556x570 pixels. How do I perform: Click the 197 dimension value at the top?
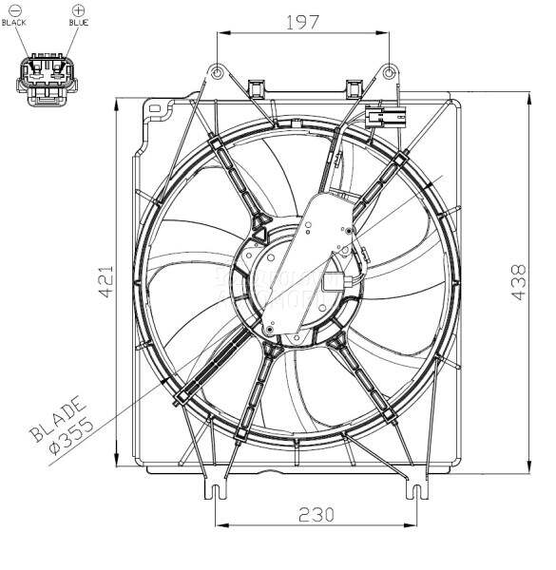point(302,22)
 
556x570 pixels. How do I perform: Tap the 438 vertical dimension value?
point(519,282)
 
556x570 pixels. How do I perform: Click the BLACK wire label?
point(15,23)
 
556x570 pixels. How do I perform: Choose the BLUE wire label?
point(78,23)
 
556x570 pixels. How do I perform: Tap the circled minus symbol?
point(15,10)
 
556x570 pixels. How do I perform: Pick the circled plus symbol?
point(78,10)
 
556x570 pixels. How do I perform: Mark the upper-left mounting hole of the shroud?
point(217,72)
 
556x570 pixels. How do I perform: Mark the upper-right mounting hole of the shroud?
point(389,71)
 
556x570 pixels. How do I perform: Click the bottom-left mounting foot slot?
point(217,491)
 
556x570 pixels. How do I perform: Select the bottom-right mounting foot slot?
point(415,491)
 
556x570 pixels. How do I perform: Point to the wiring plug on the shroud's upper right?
point(384,118)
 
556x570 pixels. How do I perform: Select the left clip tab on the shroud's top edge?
point(255,88)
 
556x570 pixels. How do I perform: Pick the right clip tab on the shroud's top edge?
point(356,88)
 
